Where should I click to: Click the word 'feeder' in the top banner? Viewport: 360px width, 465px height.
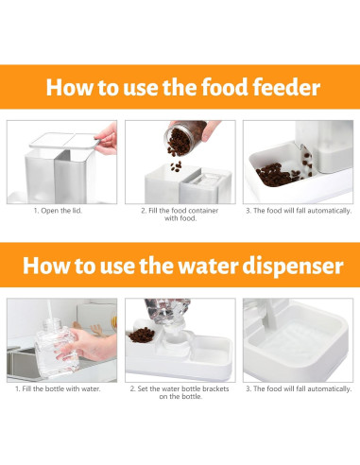pyautogui.click(x=286, y=87)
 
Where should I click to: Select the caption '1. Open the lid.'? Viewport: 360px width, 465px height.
pyautogui.click(x=58, y=211)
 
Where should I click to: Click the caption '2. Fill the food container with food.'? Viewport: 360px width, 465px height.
pyautogui.click(x=180, y=215)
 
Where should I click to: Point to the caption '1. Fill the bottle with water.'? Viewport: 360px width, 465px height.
pyautogui.click(x=58, y=388)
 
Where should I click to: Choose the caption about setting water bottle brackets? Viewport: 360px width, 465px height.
pyautogui.click(x=180, y=392)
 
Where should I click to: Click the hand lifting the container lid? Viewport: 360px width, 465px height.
pyautogui.click(x=107, y=139)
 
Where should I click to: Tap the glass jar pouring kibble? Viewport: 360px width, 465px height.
pyautogui.click(x=185, y=138)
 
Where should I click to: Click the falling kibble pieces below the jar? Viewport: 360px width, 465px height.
pyautogui.click(x=176, y=166)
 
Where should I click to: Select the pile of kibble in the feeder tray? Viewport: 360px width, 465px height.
pyautogui.click(x=278, y=175)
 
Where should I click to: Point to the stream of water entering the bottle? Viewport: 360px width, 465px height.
pyautogui.click(x=50, y=310)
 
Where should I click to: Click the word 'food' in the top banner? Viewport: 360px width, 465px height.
pyautogui.click(x=225, y=87)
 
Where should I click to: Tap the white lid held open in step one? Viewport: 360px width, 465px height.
pyautogui.click(x=65, y=140)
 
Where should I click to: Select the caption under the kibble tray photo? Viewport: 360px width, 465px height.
pyautogui.click(x=299, y=211)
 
